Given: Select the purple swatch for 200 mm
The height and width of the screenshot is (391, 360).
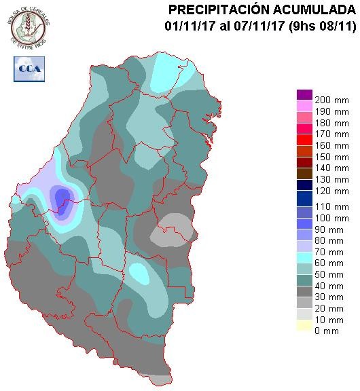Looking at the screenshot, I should coord(304,95).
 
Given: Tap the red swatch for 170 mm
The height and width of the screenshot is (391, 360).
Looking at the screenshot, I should coord(304,140).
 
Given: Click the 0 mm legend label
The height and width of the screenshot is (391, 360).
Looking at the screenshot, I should coord(325,331).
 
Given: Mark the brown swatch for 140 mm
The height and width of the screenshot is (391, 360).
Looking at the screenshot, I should coord(304,162).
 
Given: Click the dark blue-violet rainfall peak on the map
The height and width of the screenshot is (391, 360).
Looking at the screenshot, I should coord(63,200).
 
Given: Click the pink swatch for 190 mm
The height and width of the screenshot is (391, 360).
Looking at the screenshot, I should coord(304,106).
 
